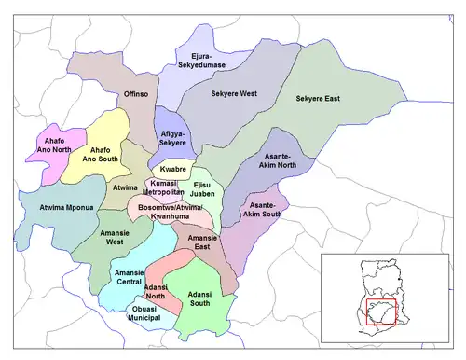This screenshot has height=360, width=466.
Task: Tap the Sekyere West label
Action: [x=235, y=95]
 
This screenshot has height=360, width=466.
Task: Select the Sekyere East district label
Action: [x=319, y=98]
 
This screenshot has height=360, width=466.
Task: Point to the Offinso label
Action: [x=137, y=94]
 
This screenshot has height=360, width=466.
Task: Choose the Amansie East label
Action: [x=203, y=242]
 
